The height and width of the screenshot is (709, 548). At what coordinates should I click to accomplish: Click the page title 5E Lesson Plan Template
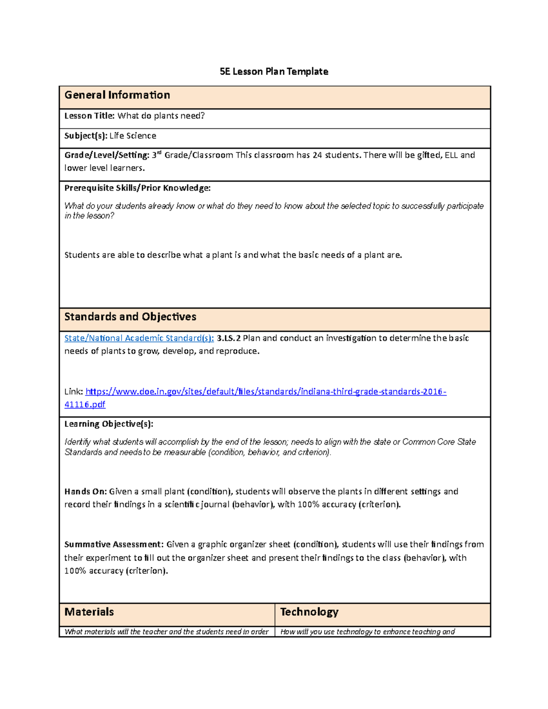pos(274,72)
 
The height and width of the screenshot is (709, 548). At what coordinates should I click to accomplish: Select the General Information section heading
pos(117,95)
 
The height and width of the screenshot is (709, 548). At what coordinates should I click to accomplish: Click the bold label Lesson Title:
pos(89,116)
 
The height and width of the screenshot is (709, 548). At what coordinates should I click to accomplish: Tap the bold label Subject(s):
pos(86,136)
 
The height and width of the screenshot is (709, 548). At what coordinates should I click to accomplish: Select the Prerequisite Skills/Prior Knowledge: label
pos(137,188)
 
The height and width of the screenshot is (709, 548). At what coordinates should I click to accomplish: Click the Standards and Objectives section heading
pos(130,317)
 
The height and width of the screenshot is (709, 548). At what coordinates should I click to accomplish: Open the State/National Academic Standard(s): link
pos(139,338)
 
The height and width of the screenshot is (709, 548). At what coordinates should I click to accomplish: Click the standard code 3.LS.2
pos(228,338)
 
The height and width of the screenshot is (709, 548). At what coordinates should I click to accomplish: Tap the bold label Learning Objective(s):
pos(109,424)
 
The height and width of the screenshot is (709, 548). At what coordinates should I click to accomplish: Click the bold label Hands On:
pos(85,492)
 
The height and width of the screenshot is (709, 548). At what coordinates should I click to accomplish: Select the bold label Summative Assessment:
pos(113,545)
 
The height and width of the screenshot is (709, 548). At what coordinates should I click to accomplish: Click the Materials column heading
pos(89,612)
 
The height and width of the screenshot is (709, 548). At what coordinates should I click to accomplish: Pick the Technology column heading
pos(309,612)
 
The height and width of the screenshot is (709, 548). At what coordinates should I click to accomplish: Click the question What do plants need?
pos(161,116)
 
